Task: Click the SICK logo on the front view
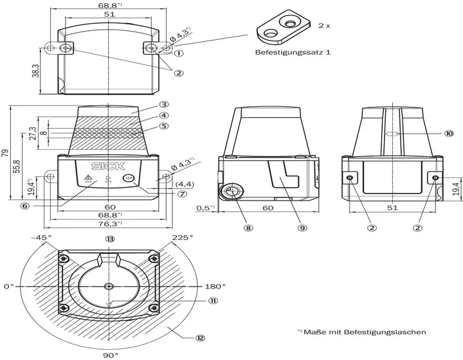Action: click(108, 166)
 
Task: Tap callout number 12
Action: click(200, 337)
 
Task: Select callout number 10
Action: click(449, 134)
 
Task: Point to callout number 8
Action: click(248, 228)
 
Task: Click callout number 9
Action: click(302, 228)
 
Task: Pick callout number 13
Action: click(110, 239)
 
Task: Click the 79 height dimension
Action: click(6, 153)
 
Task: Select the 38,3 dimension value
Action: click(35, 71)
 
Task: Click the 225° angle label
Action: click(183, 237)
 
